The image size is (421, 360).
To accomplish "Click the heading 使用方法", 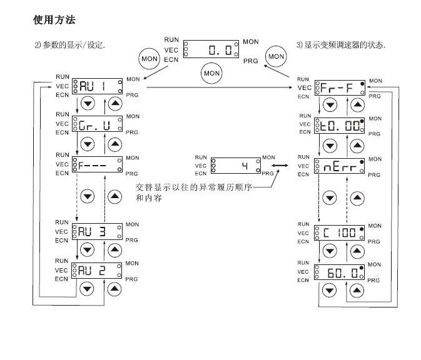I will tap(54, 21).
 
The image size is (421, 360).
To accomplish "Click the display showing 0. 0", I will tap(212, 49).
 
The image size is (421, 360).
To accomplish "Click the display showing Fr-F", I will tap(339, 88).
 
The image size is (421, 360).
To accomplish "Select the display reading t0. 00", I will tap(339, 126).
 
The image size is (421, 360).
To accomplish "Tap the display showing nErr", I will tap(339, 166).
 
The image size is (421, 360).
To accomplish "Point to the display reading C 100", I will tap(339, 233).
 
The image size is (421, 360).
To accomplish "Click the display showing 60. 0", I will tap(339, 271).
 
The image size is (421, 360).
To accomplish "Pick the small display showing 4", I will tap(235, 164).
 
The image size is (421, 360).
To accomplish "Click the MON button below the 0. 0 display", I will tap(211, 73).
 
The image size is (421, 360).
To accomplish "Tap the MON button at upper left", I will tap(148, 58).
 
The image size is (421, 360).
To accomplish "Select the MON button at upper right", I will tap(275, 56).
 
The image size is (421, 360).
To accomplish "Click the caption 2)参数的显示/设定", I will tap(69, 45).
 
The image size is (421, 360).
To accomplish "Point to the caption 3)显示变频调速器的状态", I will tap(341, 45).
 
